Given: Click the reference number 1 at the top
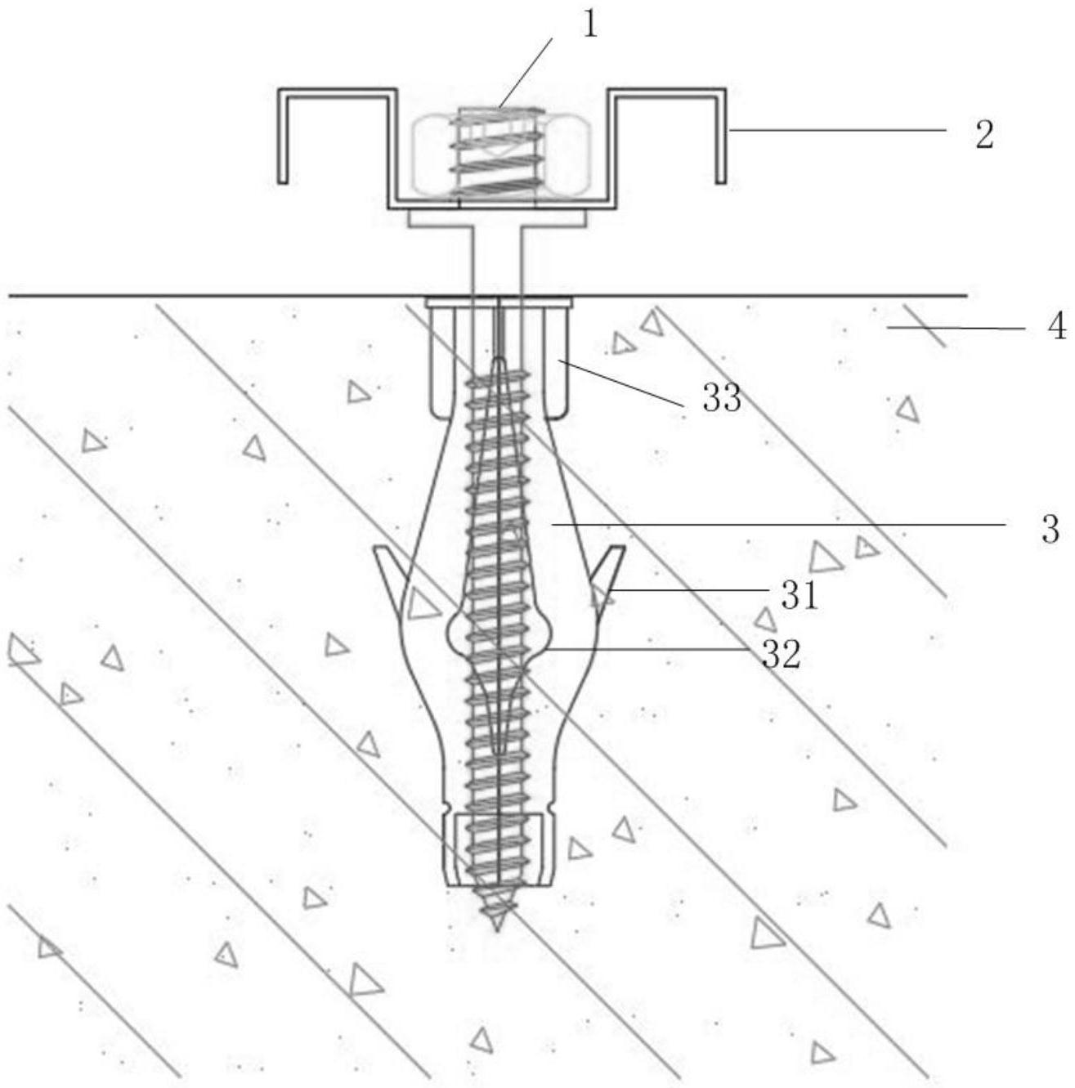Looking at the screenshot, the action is pyautogui.click(x=589, y=25).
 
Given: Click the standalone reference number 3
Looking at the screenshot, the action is pyautogui.click(x=1050, y=530).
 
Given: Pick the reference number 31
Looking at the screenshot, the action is pyautogui.click(x=800, y=596).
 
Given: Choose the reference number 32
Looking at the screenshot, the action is pyautogui.click(x=782, y=655).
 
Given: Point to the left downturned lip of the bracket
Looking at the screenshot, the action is pyautogui.click(x=283, y=136).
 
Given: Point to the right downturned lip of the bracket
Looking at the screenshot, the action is pyautogui.click(x=720, y=136).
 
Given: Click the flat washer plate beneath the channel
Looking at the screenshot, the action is pyautogui.click(x=499, y=220).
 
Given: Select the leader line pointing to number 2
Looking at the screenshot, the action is pyautogui.click(x=837, y=131).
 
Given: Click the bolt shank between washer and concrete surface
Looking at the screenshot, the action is pyautogui.click(x=498, y=261).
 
